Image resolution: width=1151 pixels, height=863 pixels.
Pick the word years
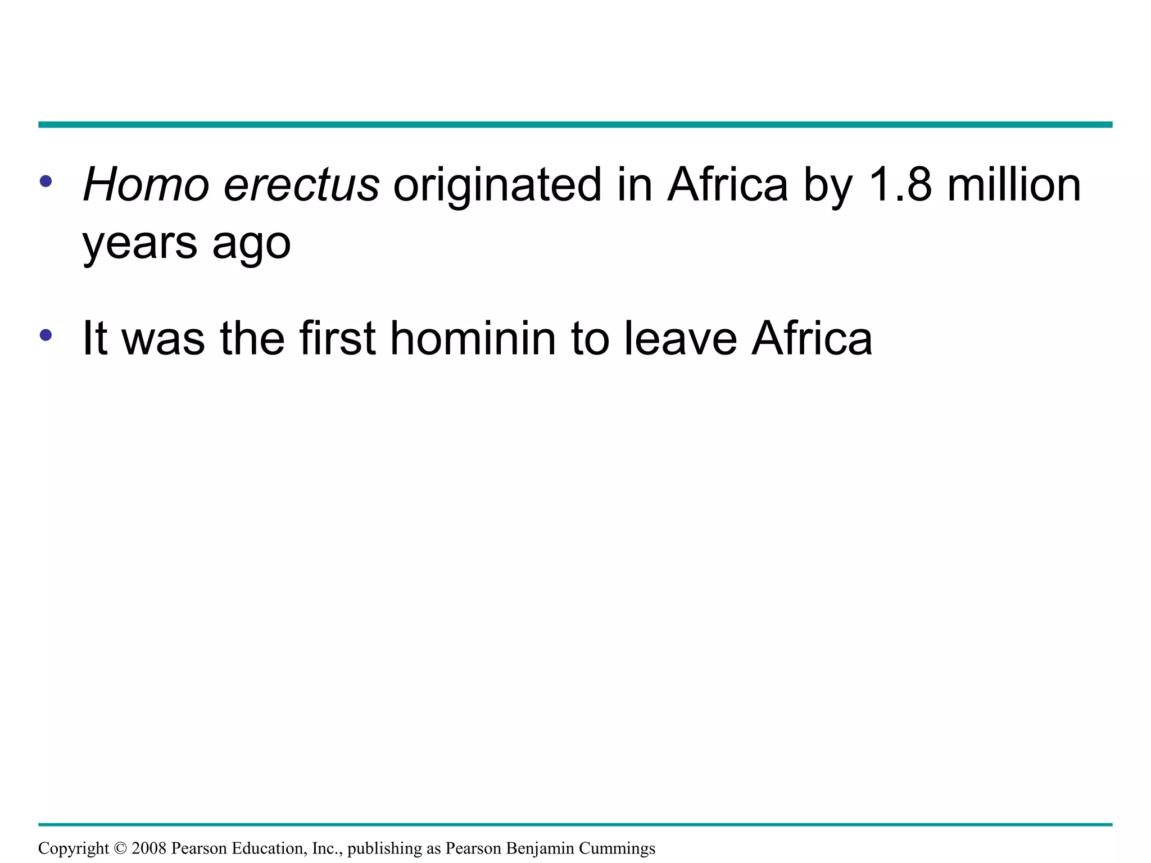click(x=140, y=243)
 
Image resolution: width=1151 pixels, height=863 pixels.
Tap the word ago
click(x=251, y=243)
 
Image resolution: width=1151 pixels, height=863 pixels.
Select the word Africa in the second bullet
click(x=812, y=338)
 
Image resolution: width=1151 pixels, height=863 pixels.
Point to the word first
click(x=337, y=338)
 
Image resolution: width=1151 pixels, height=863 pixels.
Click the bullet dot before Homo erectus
click(x=46, y=181)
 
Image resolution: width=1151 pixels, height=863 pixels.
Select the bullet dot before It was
click(x=46, y=335)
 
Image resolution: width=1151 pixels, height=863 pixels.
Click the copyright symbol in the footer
click(x=120, y=848)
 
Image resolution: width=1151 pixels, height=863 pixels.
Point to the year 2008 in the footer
click(x=149, y=848)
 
